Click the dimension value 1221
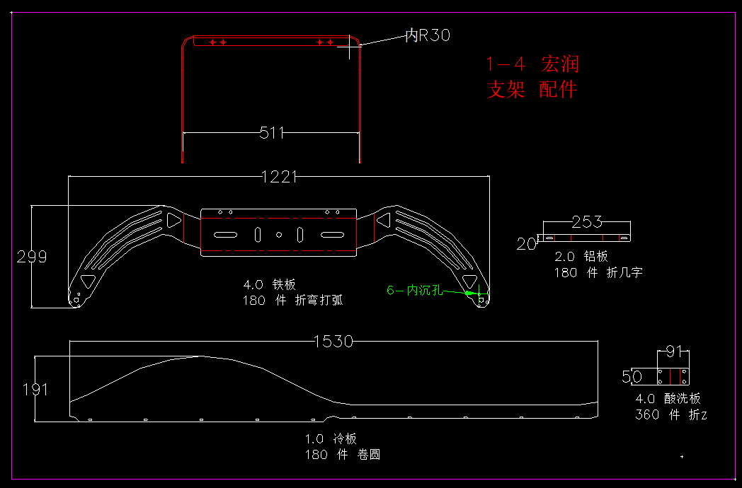click(279, 177)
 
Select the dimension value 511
click(272, 132)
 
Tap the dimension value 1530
click(333, 342)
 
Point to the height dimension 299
click(32, 257)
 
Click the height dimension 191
click(35, 389)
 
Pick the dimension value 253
click(586, 222)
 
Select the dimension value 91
click(674, 352)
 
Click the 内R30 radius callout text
click(427, 35)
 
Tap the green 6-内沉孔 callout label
click(414, 290)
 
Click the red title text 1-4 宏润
click(532, 64)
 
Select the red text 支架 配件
click(532, 90)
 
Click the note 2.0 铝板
click(581, 257)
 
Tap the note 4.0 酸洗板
click(668, 399)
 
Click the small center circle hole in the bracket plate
click(279, 234)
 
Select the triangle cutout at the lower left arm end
click(88, 281)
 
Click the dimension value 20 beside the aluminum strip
click(526, 244)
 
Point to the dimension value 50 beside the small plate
click(632, 377)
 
